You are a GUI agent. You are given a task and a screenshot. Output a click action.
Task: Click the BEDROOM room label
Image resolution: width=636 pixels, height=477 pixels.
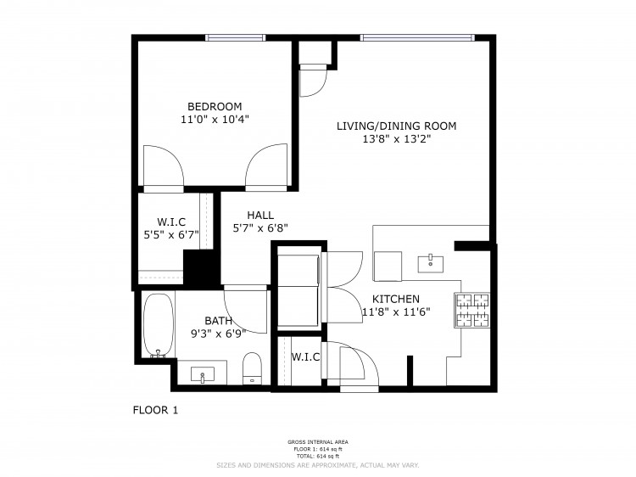215,106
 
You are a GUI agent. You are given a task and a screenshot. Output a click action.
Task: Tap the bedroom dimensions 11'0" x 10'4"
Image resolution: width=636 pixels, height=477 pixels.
215,120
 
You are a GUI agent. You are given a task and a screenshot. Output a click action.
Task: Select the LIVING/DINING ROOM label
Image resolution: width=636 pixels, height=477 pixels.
396,126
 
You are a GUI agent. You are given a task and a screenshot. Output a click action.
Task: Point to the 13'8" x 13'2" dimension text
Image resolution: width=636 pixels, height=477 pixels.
396,139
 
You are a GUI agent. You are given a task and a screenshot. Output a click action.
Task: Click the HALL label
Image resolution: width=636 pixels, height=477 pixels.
260,215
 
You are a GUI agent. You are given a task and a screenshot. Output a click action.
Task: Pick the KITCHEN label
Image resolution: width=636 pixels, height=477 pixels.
396,299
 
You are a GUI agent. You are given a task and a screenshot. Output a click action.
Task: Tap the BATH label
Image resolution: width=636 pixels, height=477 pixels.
219,321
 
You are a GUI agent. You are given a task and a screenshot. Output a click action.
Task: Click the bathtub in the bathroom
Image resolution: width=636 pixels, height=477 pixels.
159,326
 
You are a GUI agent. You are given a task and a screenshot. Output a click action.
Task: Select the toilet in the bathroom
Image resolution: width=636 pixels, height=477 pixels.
252,368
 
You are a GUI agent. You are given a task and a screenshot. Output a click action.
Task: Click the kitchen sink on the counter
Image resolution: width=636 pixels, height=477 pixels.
430,264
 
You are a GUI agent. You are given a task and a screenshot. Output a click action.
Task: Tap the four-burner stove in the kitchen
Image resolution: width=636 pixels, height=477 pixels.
472,310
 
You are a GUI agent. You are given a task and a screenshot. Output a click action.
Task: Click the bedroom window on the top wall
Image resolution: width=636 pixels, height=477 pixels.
235,37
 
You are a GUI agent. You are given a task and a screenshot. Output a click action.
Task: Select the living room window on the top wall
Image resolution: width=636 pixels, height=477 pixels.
417,37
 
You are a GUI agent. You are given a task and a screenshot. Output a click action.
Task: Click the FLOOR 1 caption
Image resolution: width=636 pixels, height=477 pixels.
155,410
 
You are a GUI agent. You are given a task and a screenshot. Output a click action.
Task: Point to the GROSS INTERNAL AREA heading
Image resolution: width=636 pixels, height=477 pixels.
318,442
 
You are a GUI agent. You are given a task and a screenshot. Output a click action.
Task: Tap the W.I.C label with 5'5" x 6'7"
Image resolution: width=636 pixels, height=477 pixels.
171,228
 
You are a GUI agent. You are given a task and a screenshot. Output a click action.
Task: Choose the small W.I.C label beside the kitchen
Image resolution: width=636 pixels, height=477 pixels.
305,356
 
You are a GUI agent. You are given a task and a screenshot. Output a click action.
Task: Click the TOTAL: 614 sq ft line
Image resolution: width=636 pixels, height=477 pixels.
318,457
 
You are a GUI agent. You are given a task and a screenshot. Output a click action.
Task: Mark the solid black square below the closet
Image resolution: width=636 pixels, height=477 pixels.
202,267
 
